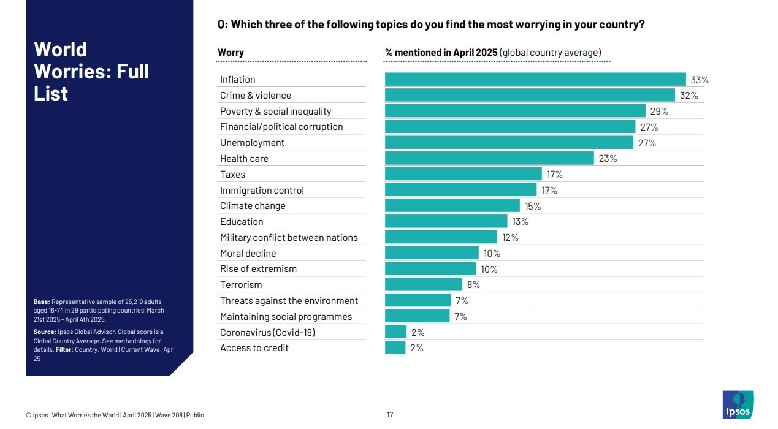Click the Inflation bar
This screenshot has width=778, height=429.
[535, 80]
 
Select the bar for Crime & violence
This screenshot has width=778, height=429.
[529, 96]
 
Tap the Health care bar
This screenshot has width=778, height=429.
[489, 159]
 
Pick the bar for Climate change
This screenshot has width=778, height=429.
[452, 206]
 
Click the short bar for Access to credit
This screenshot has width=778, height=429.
[395, 348]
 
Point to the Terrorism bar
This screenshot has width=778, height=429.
[423, 285]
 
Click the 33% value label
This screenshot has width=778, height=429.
[700, 80]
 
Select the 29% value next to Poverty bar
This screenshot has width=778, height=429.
[660, 112]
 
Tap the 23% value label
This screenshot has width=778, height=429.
[608, 159]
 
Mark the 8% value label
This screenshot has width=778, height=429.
[473, 285]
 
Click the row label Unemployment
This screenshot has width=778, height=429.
[252, 143]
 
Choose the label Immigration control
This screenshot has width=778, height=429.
[262, 191]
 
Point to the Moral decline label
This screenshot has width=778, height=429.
[248, 254]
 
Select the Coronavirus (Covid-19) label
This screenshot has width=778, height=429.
[267, 333]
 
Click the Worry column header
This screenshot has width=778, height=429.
[231, 53]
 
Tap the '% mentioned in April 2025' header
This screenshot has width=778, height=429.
[441, 53]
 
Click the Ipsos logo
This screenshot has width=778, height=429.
[738, 405]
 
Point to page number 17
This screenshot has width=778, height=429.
[390, 416]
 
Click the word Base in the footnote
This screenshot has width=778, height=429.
[41, 302]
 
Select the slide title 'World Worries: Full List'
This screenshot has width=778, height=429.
[91, 71]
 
